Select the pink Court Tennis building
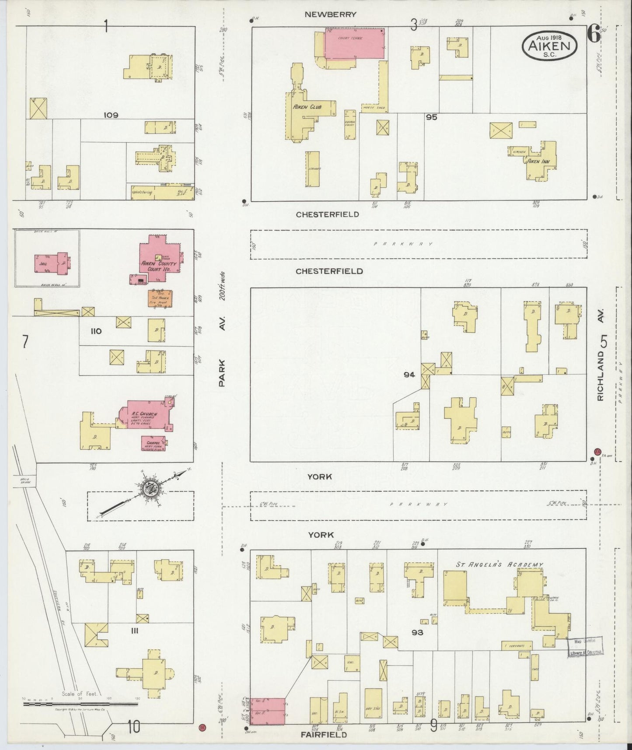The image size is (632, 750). point(354,44)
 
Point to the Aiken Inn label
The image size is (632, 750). point(539,161)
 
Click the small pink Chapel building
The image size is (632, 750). point(152,443)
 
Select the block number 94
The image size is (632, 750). point(409,375)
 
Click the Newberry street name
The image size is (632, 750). point(330,14)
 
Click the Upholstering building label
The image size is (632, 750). point(142,193)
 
